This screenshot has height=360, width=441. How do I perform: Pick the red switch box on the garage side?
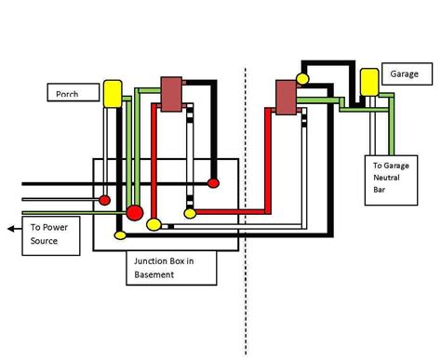(286, 97)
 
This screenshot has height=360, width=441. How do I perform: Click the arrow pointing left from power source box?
(12, 228)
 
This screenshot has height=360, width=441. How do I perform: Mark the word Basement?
(156, 274)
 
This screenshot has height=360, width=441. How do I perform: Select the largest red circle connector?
(135, 214)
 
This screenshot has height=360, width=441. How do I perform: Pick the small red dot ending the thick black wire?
(213, 182)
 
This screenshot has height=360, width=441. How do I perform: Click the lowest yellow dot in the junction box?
(119, 236)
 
